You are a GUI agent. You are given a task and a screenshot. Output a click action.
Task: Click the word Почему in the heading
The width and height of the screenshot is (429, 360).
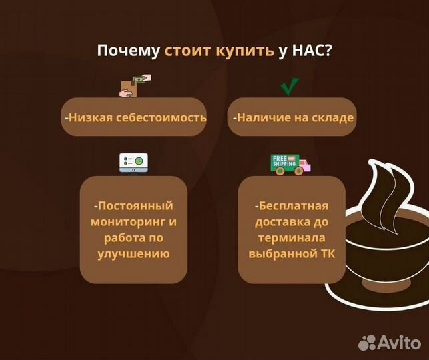pos(128,52)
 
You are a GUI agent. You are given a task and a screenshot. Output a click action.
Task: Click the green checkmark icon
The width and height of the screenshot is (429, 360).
pos(289,87)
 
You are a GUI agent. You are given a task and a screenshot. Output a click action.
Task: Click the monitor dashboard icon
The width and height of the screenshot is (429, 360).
pos(134,163)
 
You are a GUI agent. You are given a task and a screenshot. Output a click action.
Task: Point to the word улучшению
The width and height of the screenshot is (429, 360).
pos(133,253)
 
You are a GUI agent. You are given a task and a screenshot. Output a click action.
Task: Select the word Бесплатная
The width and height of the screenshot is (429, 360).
pos(293,205)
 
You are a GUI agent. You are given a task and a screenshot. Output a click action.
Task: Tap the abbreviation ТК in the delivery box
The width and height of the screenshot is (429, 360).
pos(328,253)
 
